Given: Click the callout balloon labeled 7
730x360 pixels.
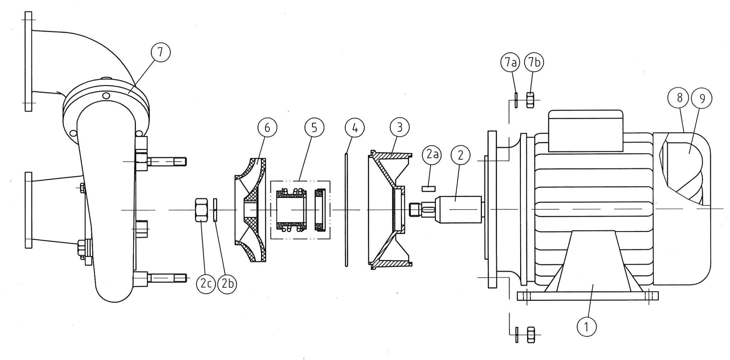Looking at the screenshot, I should [160, 52].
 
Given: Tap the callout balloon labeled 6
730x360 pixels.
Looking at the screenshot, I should [267, 128].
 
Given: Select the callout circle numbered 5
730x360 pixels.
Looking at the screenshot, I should [314, 128].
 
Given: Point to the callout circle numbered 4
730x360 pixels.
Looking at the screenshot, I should [355, 128].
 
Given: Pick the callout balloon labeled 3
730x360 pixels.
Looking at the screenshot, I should [399, 128].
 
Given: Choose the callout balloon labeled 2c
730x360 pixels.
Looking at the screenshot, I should [206, 284].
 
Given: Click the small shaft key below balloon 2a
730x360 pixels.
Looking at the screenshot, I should [429, 188].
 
